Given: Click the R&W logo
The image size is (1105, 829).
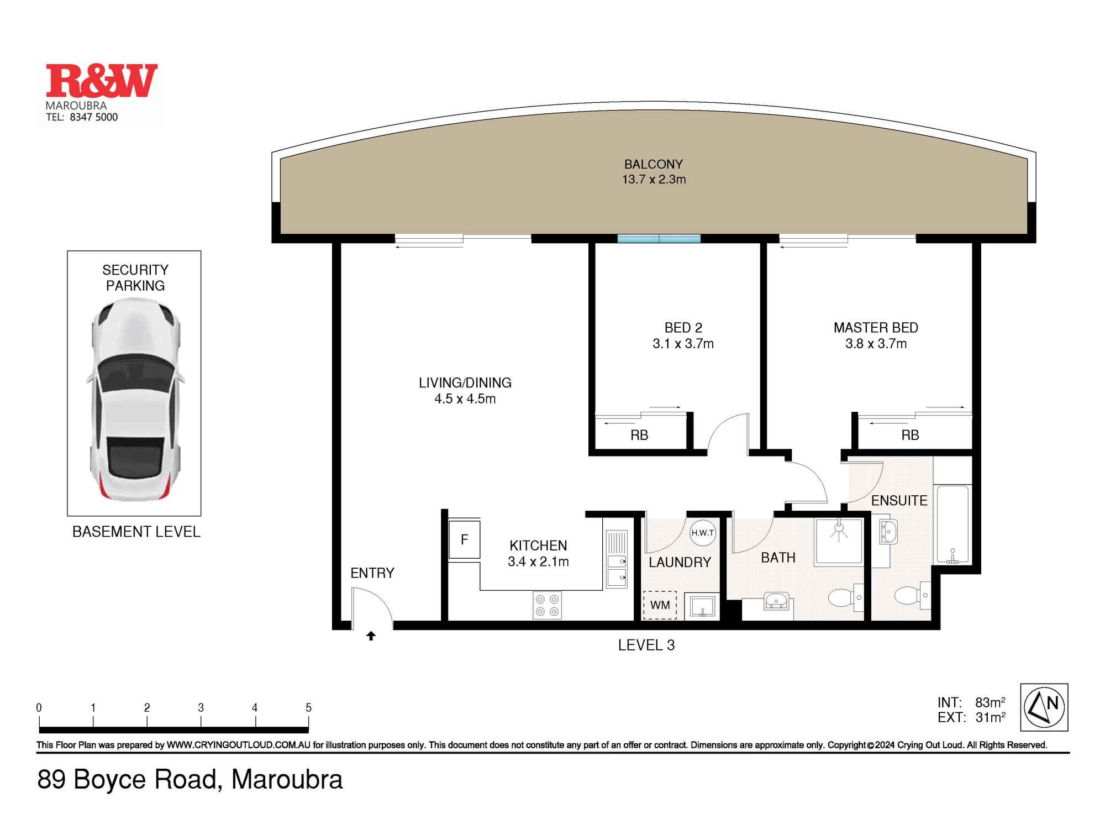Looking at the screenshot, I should tap(102, 81).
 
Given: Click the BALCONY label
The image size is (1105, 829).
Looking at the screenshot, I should tap(653, 164).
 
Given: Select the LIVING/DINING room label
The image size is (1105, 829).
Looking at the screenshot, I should tap(465, 382).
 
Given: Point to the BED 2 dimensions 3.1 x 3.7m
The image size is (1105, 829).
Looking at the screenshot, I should tap(683, 344).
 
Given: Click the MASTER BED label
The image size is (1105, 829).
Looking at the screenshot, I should tap(876, 328).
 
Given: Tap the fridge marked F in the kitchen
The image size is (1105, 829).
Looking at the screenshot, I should tap(464, 540).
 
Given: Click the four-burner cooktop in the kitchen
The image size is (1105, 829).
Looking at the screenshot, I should tap(547, 605).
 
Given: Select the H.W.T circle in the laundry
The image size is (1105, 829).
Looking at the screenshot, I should tap(702, 533).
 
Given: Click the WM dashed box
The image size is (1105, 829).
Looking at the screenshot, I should tap(660, 605).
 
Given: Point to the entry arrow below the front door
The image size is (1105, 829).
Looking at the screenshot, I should tap(371, 636).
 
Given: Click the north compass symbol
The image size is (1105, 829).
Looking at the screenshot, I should tap(1044, 707).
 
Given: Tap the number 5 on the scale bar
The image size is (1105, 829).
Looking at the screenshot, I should tap(308, 708).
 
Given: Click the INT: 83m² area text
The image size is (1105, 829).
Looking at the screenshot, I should tap(971, 702).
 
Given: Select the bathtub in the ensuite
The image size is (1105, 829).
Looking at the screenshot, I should tap(953, 524).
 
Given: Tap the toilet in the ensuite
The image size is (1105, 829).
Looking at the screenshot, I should tap(909, 596).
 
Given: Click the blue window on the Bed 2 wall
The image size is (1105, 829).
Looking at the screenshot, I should tap(659, 239).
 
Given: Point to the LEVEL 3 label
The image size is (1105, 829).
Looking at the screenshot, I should tap(646, 646).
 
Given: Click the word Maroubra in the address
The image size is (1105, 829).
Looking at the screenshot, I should tap(287, 780).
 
